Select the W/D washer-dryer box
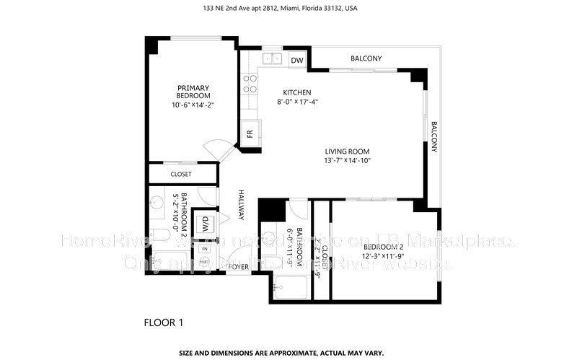tap(204, 221)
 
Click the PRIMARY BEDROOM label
tap(193, 92)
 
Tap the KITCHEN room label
tap(296, 92)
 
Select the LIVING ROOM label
tap(346, 152)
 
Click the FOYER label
tap(239, 267)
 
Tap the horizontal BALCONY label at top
tap(366, 58)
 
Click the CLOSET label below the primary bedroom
tap(181, 174)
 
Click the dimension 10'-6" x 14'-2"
tap(193, 105)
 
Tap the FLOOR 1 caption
tap(163, 322)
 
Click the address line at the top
tap(288, 9)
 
